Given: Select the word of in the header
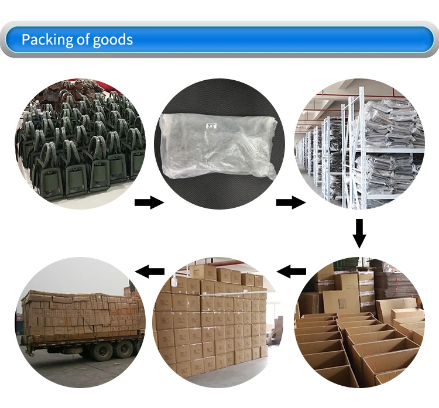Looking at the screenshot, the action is point(83,40).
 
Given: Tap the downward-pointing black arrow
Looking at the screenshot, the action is point(359,234).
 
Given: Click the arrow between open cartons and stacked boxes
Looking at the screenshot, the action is point(291,270).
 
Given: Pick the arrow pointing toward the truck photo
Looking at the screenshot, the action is point(149,270).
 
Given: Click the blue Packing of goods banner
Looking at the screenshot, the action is point(219,40).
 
